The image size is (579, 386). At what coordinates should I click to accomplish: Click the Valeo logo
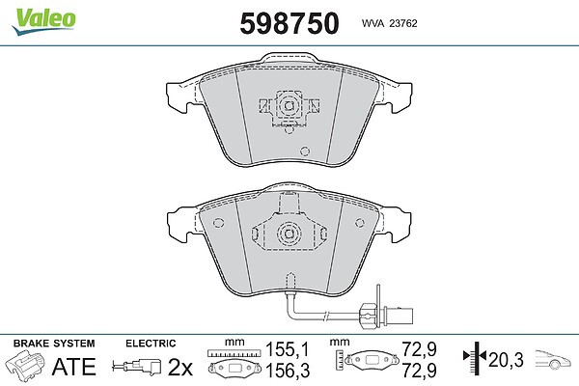click(x=44, y=20)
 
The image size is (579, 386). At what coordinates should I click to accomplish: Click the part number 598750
click(x=289, y=23)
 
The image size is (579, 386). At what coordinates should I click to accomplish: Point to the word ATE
click(x=74, y=367)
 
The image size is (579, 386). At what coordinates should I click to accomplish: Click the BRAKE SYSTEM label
click(x=54, y=344)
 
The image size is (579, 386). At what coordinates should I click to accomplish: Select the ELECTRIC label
click(x=151, y=344)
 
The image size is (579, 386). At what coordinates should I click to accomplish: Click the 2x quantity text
click(x=180, y=367)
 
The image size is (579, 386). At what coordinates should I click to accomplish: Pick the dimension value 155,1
click(x=287, y=349)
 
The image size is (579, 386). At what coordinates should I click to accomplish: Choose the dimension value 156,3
click(x=288, y=371)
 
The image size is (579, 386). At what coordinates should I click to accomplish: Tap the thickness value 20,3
click(x=506, y=359)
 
